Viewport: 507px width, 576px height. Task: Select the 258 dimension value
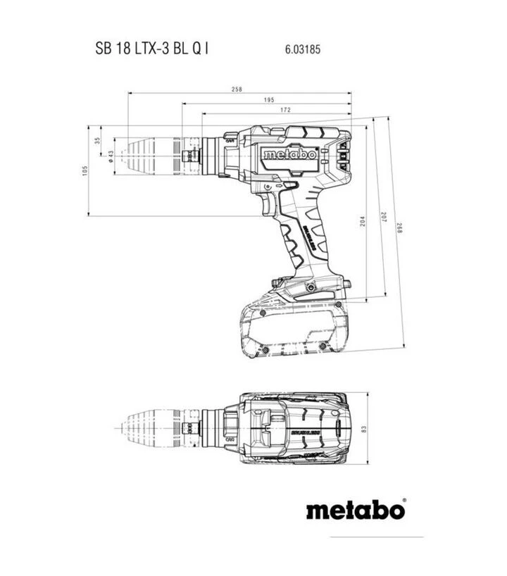click(237, 89)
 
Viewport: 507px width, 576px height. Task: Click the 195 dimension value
click(269, 101)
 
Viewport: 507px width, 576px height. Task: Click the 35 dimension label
click(98, 141)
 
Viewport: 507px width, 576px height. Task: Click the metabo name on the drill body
click(288, 154)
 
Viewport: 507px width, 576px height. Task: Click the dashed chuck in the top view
click(148, 427)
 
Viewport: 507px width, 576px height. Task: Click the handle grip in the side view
click(306, 243)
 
